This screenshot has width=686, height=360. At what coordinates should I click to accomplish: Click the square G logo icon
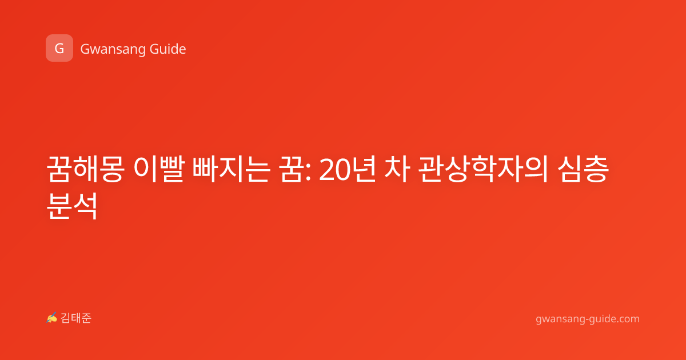(x=59, y=48)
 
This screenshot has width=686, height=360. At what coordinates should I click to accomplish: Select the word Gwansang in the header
(x=113, y=49)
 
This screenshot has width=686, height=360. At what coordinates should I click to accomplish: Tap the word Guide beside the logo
(x=168, y=49)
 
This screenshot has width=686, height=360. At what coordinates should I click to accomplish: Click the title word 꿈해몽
(x=85, y=169)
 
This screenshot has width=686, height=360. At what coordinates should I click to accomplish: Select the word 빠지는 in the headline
(x=231, y=169)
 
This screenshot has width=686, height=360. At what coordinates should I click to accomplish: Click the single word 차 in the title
(x=397, y=169)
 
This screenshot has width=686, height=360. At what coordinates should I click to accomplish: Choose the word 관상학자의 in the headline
(x=483, y=169)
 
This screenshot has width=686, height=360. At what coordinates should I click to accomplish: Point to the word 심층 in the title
(x=583, y=169)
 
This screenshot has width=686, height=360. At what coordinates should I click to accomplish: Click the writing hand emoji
(x=52, y=318)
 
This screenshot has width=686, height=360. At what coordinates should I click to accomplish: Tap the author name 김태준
(x=76, y=318)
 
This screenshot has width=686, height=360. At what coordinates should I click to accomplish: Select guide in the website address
(x=601, y=319)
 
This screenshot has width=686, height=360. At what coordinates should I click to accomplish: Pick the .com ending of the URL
(x=628, y=319)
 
